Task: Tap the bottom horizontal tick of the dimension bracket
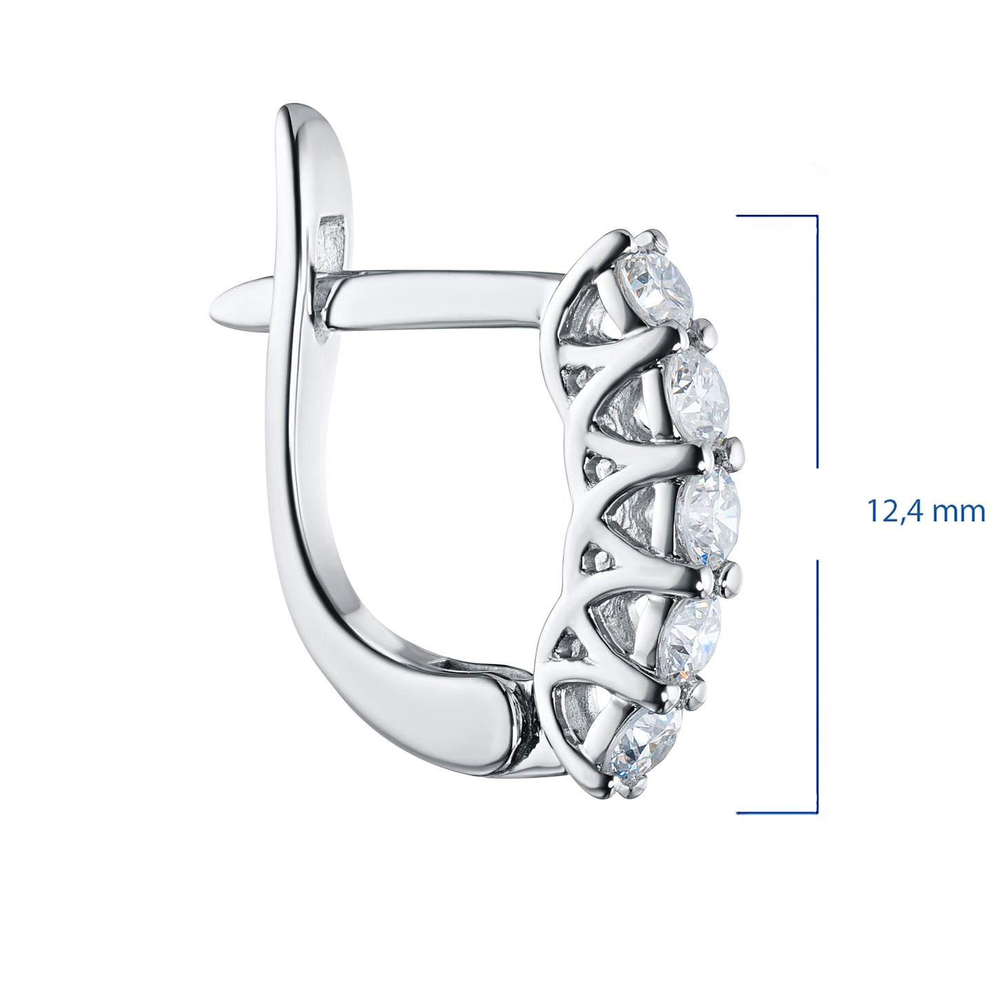coord(777,813)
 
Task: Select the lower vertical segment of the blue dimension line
coord(817,686)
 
